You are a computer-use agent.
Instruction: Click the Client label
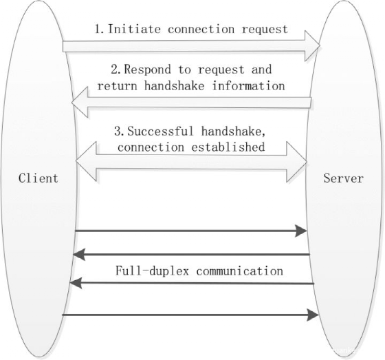click(x=38, y=178)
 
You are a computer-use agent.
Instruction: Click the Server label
click(x=343, y=178)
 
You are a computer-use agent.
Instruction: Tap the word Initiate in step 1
click(x=134, y=29)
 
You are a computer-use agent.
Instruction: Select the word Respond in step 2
click(x=147, y=70)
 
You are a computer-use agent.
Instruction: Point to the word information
click(x=248, y=86)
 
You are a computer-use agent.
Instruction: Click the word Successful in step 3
click(x=161, y=131)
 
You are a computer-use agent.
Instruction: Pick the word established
click(x=228, y=147)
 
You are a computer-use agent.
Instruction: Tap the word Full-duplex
click(x=152, y=271)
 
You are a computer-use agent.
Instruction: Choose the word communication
click(x=240, y=271)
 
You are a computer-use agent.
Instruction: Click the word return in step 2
click(x=117, y=86)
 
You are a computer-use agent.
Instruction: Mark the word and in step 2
click(x=262, y=70)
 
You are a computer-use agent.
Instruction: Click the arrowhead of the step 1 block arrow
click(x=312, y=45)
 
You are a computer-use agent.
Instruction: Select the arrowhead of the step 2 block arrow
click(x=80, y=102)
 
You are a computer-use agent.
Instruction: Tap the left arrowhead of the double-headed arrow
click(x=86, y=161)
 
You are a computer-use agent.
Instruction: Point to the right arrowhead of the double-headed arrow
click(x=297, y=162)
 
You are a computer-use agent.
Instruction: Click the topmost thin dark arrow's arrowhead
click(x=301, y=231)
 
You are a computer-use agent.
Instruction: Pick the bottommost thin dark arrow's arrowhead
click(x=313, y=315)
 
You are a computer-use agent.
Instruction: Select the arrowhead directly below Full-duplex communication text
click(x=76, y=284)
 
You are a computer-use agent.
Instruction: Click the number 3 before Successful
click(x=118, y=131)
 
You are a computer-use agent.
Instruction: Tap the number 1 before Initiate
click(x=98, y=29)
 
